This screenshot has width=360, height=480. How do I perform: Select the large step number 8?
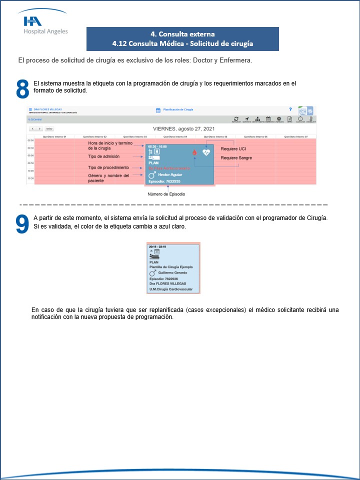coord(22,89)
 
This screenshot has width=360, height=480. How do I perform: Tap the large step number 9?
coord(22,224)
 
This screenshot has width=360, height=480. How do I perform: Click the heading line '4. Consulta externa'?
coord(182,34)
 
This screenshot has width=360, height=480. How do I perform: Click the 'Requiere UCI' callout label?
coord(233,149)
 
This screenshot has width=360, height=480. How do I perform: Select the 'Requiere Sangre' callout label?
coord(236,158)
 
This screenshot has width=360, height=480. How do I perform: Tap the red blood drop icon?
coord(194,152)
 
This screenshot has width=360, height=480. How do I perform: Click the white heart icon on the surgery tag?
coord(206,152)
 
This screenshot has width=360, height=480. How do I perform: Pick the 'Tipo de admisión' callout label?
coord(104,156)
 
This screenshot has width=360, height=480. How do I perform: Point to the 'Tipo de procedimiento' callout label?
coord(108,167)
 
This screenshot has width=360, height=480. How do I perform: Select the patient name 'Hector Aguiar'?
coord(171,174)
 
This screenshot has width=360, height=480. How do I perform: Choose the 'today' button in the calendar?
coord(49,128)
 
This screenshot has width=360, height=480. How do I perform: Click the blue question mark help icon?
coord(290,109)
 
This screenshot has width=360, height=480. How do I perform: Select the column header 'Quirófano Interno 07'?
coord(296,136)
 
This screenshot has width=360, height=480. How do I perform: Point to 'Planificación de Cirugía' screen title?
coord(178,109)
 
